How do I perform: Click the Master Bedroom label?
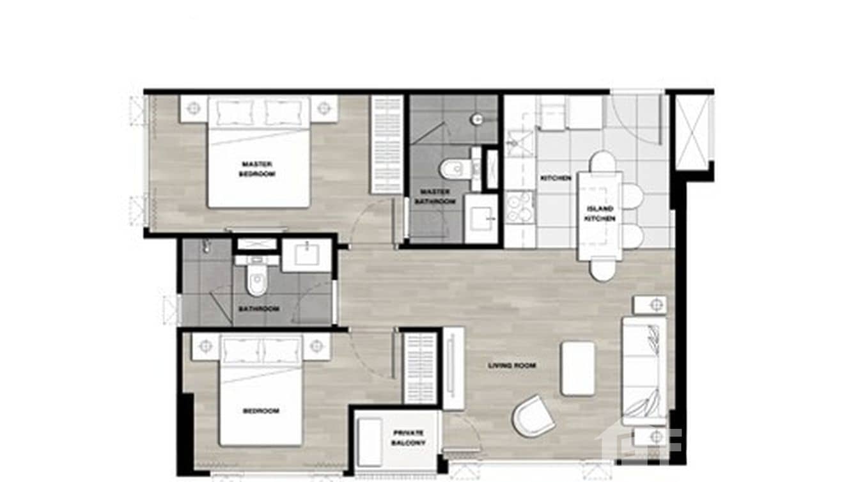tap(258, 169)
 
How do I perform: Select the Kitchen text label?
tap(555, 178)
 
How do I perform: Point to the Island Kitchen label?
tap(600, 213)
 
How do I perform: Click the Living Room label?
tap(511, 366)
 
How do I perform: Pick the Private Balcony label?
tap(409, 438)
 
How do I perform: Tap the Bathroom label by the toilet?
tap(259, 309)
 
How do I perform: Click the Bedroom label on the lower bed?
tap(261, 410)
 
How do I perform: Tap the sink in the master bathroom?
tap(481, 219)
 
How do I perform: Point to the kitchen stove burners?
tap(520, 207)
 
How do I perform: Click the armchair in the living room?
tap(533, 416)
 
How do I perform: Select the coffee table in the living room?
tap(578, 368)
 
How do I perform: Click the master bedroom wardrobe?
tap(387, 144)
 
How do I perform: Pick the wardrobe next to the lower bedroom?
tap(420, 368)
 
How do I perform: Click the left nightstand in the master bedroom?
tap(193, 108)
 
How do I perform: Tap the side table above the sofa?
tap(650, 305)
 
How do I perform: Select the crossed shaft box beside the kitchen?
tap(692, 132)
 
